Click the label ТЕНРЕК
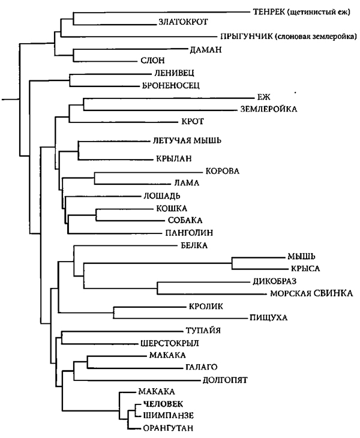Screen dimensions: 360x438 click(x=269, y=12)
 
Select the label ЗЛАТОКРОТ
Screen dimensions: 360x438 click(x=183, y=22)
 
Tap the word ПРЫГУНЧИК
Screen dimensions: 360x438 click(x=247, y=37)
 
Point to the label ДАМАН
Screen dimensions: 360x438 click(x=206, y=50)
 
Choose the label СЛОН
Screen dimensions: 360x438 click(x=152, y=61)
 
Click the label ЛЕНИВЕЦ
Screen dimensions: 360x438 click(x=174, y=73)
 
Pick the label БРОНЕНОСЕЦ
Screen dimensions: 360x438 click(x=171, y=85)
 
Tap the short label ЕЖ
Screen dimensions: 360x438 click(x=264, y=97)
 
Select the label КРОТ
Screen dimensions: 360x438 click(x=193, y=122)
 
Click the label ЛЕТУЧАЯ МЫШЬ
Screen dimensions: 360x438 click(x=187, y=140)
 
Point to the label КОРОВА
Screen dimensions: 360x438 click(x=223, y=171)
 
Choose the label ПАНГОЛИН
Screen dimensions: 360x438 click(x=189, y=232)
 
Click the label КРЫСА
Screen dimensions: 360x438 click(x=305, y=268)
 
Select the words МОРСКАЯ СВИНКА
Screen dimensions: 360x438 click(x=311, y=293)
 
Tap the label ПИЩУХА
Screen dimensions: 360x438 click(x=268, y=317)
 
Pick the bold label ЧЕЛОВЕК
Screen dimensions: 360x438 click(x=163, y=404)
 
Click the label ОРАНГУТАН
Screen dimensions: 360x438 click(x=168, y=428)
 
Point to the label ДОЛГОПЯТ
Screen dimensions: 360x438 click(x=225, y=380)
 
